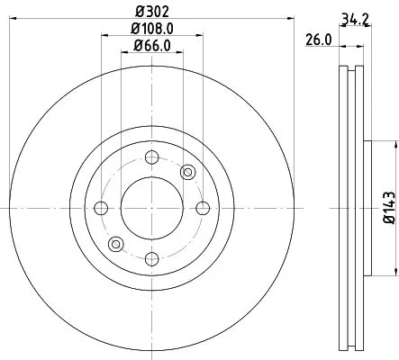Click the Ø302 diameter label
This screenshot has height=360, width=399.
point(150,11)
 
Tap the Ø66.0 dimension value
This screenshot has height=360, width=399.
point(151,46)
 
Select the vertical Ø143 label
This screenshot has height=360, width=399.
point(389,207)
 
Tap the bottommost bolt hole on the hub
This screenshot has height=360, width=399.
point(150,258)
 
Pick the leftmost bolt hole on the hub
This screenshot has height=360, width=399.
point(100,208)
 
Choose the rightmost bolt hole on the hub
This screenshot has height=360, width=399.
point(201,208)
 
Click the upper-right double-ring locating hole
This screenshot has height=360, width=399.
point(187,172)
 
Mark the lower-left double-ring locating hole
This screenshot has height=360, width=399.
point(114,244)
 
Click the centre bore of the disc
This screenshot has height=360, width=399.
point(150,208)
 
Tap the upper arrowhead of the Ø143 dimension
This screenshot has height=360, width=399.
point(394,144)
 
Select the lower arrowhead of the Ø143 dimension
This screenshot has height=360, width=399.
point(394,272)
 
